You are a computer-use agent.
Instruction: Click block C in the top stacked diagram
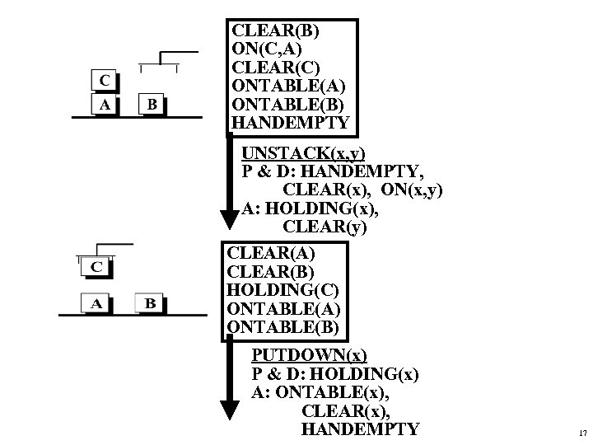click(103, 81)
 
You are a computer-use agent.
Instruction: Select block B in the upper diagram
click(152, 105)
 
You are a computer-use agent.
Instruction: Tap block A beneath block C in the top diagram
click(103, 105)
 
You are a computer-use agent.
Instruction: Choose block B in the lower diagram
click(150, 302)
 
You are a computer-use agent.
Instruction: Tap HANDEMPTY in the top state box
click(291, 123)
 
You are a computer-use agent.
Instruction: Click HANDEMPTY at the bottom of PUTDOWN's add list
click(360, 429)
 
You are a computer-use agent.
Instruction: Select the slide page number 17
click(582, 432)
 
